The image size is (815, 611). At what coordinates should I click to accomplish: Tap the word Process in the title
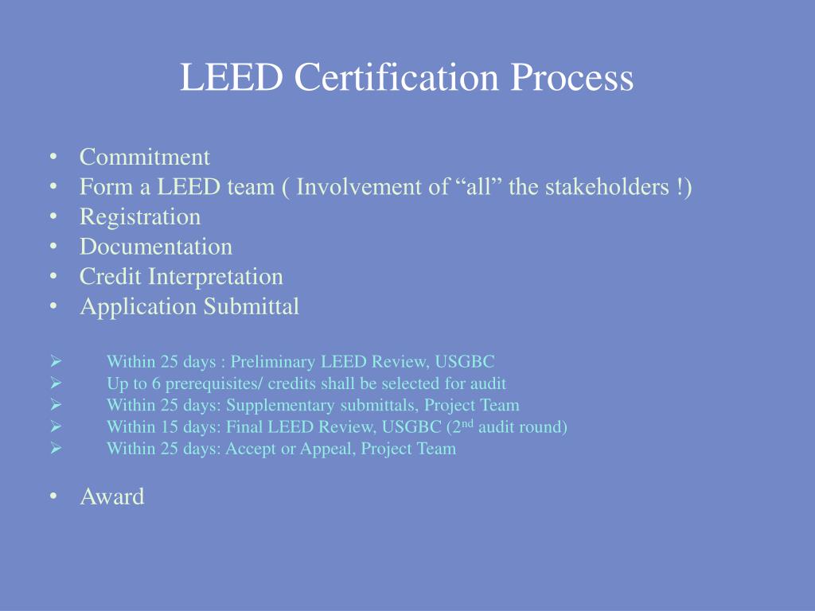[x=572, y=78]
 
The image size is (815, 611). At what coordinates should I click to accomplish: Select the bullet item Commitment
[x=145, y=157]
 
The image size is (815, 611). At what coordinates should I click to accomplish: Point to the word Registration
[x=140, y=216]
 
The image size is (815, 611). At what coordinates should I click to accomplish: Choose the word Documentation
[x=156, y=247]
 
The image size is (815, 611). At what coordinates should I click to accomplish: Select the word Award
[x=112, y=496]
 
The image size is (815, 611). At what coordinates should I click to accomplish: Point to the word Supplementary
[x=279, y=405]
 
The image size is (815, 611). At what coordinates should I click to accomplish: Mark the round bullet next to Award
[x=53, y=496]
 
